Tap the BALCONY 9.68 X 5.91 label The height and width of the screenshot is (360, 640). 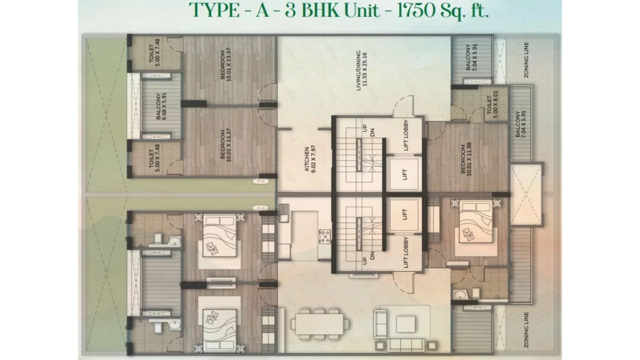(161, 106)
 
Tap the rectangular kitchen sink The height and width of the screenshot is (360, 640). (284, 215)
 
